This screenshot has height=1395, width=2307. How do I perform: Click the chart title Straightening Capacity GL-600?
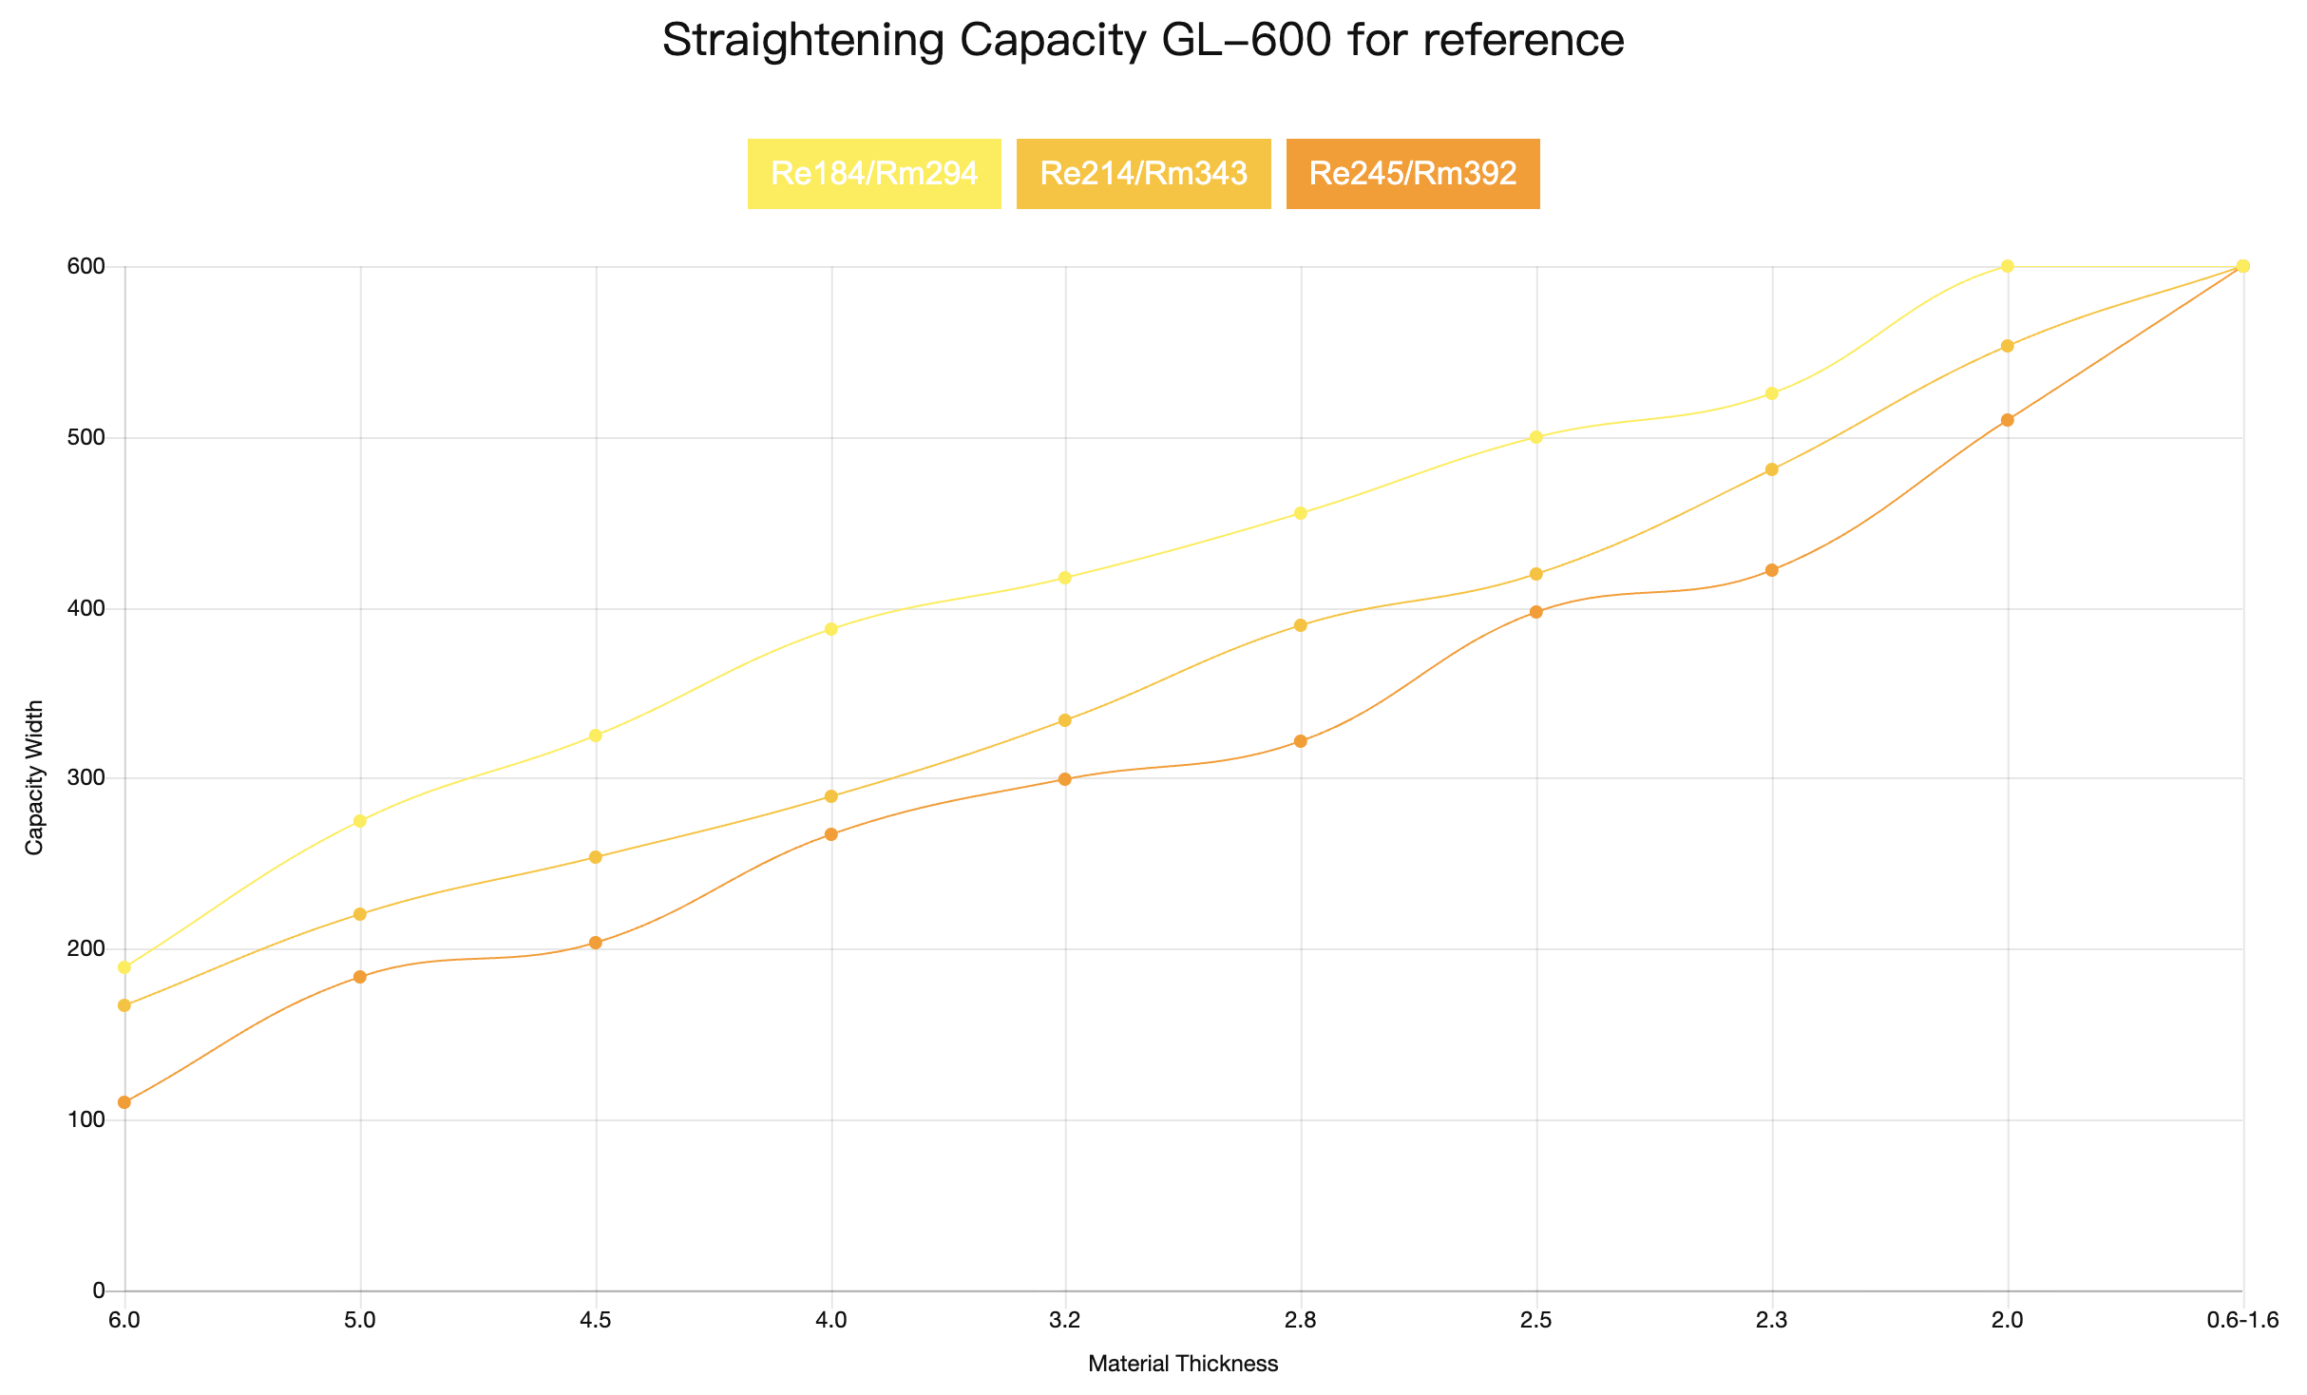pos(1143,41)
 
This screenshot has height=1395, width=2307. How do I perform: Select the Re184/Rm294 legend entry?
pos(874,174)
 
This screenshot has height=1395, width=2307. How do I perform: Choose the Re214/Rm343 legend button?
pos(1143,174)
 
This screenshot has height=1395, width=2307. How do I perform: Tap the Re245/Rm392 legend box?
pos(1412,174)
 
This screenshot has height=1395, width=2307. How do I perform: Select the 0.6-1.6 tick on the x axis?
pos(2242,1320)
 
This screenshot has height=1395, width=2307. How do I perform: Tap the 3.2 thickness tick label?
pos(1065,1320)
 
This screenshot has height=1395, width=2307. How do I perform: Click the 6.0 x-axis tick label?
pos(124,1320)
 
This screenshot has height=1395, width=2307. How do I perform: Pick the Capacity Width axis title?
pos(35,778)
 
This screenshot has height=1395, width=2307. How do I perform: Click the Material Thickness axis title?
pos(1183,1365)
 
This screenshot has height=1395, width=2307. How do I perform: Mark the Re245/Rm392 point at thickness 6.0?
pos(124,1102)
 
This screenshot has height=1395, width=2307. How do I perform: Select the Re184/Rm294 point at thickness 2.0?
pos(2008,266)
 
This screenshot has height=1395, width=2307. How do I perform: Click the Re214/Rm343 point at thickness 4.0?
pos(831,796)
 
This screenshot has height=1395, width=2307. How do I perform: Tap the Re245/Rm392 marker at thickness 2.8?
pos(1301,741)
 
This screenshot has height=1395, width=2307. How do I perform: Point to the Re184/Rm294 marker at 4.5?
pos(596,736)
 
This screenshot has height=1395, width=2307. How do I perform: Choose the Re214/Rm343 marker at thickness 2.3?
pos(1771,469)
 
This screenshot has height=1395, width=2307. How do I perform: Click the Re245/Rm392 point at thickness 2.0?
pos(2008,420)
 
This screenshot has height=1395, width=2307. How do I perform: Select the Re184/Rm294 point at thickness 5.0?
pos(360,821)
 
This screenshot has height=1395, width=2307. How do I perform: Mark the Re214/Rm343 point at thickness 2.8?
pos(1301,625)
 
